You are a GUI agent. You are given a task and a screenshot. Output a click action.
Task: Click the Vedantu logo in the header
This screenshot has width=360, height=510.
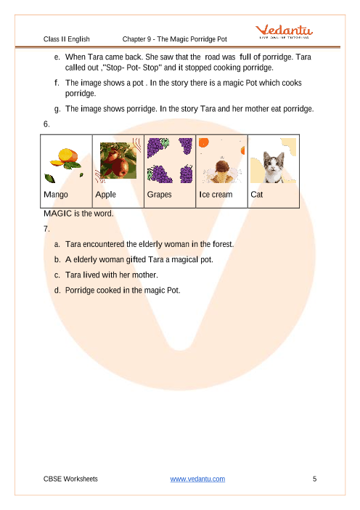coord(284,31)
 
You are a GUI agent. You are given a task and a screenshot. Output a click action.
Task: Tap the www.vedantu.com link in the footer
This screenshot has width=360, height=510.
coord(197,479)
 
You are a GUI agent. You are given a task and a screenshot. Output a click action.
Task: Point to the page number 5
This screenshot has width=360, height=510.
coord(314,479)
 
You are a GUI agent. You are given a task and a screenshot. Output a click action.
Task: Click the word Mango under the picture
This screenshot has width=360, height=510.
coord(56,195)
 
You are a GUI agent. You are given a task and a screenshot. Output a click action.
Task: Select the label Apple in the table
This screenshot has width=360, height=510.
coord(105,195)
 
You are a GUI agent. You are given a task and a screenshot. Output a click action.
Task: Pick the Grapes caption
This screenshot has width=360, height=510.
coord(159,195)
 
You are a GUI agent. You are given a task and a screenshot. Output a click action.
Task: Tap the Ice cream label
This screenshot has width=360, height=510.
coord(216,195)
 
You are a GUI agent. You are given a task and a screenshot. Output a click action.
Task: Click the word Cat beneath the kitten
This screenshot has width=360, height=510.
coord(256,195)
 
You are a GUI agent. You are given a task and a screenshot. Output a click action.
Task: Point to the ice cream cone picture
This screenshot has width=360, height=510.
coord(222,170)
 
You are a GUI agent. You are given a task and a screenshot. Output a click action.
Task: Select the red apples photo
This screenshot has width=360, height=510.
coord(118,161)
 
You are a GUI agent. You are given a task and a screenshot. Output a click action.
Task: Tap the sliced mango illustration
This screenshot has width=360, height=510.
coord(66,159)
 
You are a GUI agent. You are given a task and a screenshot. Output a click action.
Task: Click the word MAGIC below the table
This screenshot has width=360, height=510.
coord(57,214)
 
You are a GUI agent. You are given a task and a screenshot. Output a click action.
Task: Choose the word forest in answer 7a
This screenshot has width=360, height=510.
coord(223,244)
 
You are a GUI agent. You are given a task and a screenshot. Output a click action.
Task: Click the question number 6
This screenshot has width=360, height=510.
coord(46,124)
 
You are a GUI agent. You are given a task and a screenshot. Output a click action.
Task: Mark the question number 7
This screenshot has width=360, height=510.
coord(46,229)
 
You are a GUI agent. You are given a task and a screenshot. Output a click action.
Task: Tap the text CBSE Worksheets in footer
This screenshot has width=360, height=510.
coord(70,479)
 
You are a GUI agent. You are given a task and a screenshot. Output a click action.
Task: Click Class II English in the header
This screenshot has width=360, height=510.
coord(67,39)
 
